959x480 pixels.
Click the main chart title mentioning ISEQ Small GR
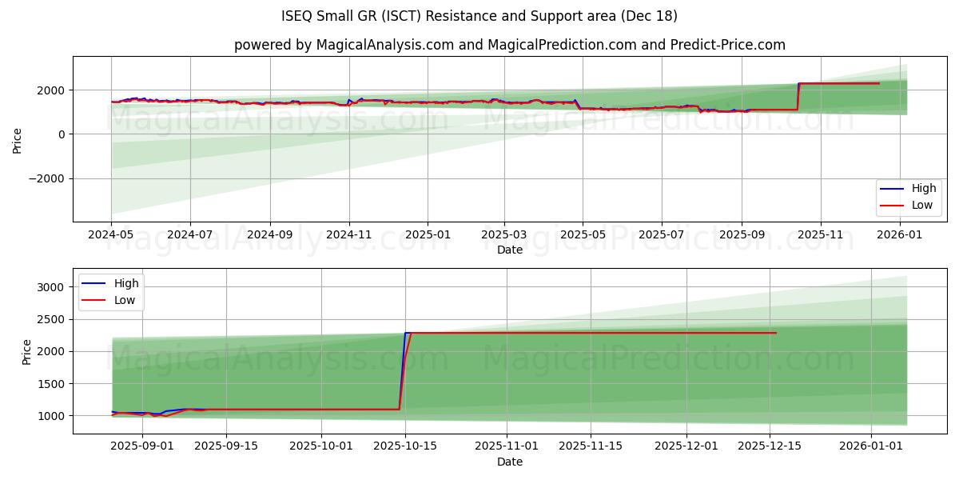479,16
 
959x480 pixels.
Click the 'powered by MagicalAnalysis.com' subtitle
509,45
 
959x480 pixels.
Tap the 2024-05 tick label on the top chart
111,235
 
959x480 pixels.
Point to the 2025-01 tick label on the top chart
427,235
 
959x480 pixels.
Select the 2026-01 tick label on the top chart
900,235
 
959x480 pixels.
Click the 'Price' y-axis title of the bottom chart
27,351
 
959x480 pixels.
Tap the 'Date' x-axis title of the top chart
509,250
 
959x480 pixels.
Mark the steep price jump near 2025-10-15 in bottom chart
404,368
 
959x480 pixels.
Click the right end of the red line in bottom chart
775,333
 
